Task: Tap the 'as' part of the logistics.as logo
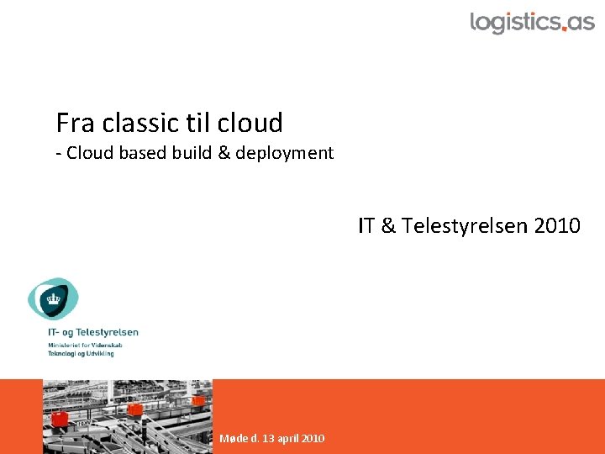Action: point(580,22)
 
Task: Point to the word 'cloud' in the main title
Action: point(250,123)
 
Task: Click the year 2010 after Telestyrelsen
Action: point(556,226)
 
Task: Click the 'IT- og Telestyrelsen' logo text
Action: point(92,332)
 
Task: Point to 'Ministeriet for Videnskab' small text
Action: point(84,346)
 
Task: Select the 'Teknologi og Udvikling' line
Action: point(81,354)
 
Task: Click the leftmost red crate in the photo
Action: point(59,418)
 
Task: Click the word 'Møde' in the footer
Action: point(233,438)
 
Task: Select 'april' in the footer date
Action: point(288,438)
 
